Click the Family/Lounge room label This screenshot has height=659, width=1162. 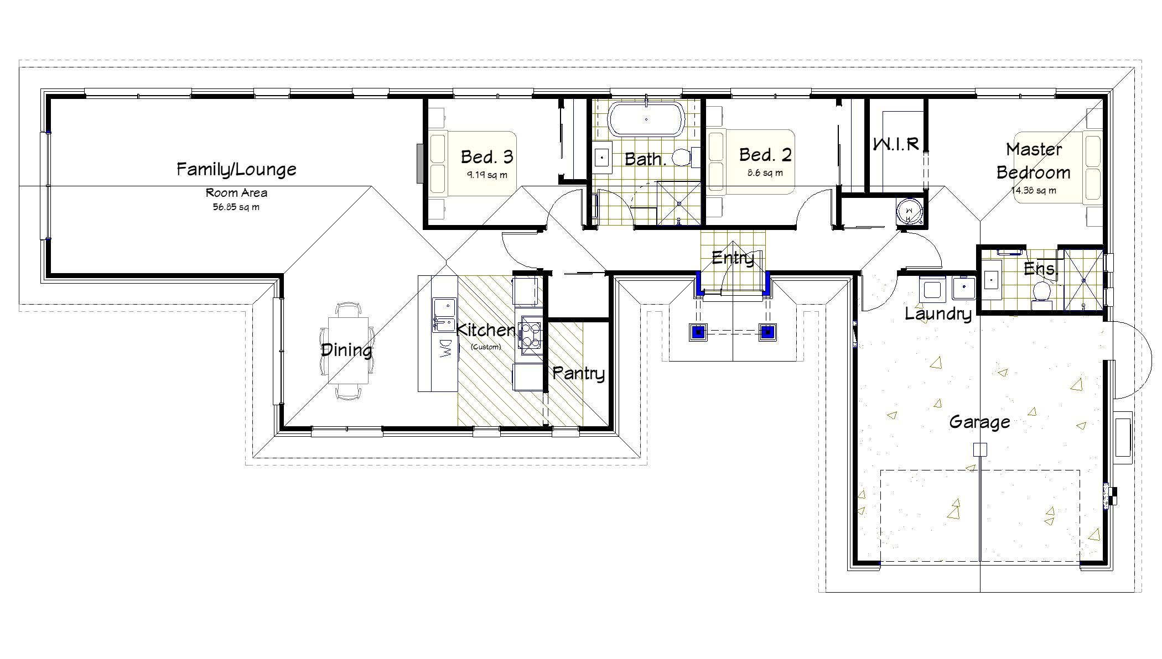click(236, 169)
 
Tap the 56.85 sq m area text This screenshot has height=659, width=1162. click(236, 207)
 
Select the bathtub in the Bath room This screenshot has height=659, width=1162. click(646, 119)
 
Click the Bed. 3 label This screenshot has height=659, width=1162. click(487, 157)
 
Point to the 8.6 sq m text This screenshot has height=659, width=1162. click(765, 172)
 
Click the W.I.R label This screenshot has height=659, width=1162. click(896, 144)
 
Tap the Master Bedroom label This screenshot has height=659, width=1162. click(1034, 161)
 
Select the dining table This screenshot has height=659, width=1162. click(348, 350)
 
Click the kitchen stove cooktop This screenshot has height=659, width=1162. click(530, 334)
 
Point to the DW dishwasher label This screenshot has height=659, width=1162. click(445, 348)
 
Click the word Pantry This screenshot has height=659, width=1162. click(578, 373)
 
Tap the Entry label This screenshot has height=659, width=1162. click(733, 258)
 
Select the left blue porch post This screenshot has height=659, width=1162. click(699, 332)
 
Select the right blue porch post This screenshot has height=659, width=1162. click(767, 332)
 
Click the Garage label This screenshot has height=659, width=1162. click(979, 422)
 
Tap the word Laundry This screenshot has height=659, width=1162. click(938, 314)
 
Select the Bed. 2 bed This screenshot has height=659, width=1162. click(753, 162)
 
